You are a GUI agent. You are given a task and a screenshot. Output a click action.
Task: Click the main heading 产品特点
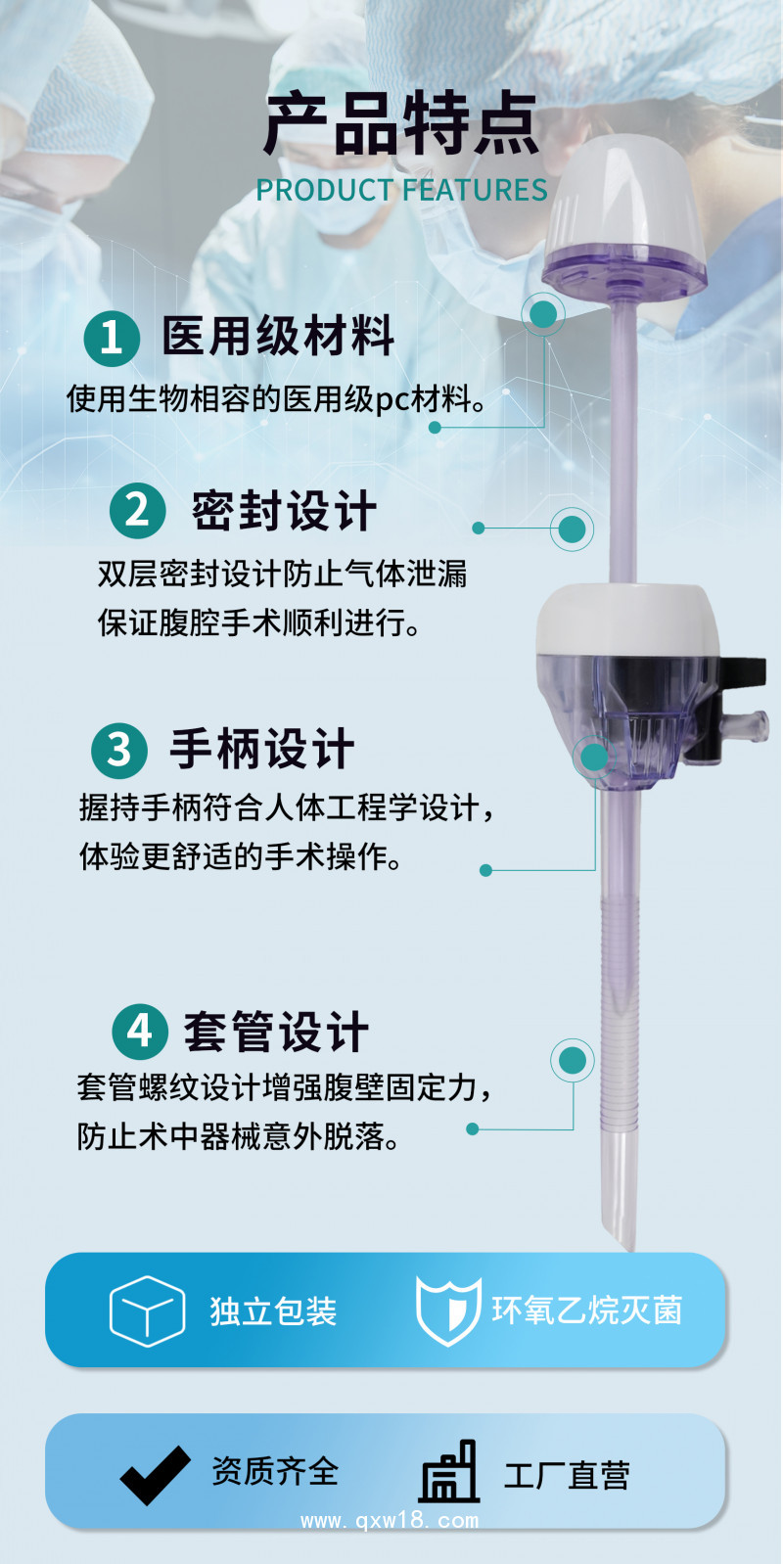pos(401,125)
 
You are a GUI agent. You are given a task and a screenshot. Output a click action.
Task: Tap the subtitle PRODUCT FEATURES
pos(401,190)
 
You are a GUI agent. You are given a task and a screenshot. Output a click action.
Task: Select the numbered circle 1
pos(111,338)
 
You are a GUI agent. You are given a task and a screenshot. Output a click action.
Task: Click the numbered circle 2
pos(137,510)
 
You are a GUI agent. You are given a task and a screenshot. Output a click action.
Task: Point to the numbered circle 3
pos(118,750)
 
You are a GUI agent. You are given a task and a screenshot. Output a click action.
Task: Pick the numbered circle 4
pos(140,1031)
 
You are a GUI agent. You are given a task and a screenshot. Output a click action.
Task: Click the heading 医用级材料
pos(278,337)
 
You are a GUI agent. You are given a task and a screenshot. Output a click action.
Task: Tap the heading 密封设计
pos(284,511)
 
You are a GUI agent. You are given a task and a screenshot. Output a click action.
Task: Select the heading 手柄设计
pos(262,750)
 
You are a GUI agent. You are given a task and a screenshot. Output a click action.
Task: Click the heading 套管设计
pos(276,1032)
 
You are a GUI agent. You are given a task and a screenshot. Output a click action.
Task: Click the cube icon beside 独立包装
pos(147,1311)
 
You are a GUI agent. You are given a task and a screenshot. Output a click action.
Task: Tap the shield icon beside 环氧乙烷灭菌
pos(448,1311)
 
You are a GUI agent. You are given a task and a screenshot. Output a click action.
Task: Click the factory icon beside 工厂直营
pos(449,1472)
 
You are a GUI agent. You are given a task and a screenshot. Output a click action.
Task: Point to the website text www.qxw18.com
pos(390,1521)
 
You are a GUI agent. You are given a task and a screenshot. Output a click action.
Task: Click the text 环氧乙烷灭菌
pos(586,1311)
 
